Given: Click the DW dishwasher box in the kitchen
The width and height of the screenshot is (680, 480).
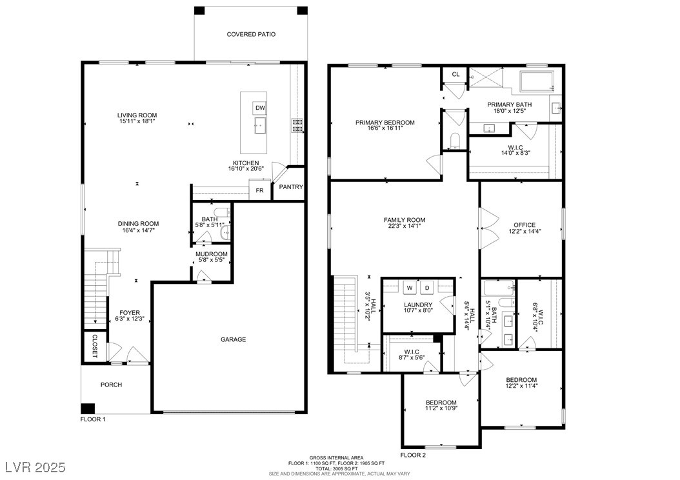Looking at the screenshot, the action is coord(260,108).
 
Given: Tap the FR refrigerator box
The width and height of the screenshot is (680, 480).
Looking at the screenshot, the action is coord(259,190).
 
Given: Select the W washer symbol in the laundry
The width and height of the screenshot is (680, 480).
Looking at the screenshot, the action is coord(410,288).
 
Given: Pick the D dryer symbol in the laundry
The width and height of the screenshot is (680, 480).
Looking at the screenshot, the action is coord(426,288).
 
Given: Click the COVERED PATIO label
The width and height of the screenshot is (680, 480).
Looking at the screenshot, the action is coord(251,34).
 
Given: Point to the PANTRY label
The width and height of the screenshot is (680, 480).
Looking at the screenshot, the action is coord(290,187).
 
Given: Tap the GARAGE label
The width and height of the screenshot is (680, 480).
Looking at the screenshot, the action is coord(234,339).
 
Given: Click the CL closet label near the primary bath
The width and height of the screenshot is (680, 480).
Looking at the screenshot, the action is coord(455,74).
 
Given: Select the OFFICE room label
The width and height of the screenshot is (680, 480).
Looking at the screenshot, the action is coord(525,225).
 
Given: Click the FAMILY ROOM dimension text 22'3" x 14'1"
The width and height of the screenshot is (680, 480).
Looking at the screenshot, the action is coord(405,226).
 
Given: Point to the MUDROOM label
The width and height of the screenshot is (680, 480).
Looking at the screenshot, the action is coord(211,254).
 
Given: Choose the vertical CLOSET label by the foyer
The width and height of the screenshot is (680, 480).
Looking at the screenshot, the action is coord(94,346).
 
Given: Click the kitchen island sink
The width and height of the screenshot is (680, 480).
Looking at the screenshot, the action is coord(260,125).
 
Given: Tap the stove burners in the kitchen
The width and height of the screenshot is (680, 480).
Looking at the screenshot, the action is coord(296,125).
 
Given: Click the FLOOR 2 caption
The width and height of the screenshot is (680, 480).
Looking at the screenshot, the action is coord(413,455).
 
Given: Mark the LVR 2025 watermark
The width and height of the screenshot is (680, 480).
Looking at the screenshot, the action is coord(35,467).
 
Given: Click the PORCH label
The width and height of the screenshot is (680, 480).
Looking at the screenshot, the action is coord(112,385).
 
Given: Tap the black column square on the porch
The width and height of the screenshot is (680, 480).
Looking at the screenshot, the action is coord(88,408).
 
